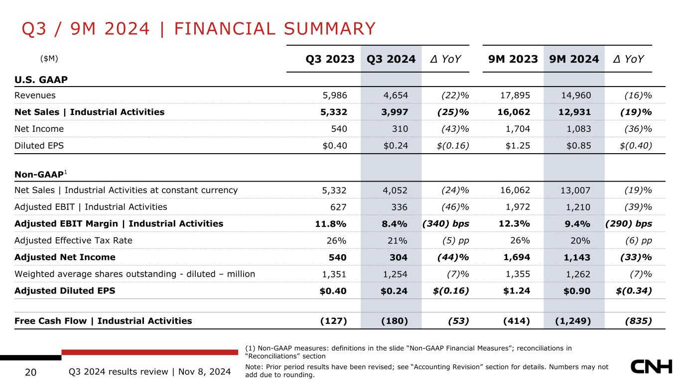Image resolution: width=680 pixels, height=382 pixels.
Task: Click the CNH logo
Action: click(652, 367)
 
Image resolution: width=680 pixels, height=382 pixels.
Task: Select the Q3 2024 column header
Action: click(391, 59)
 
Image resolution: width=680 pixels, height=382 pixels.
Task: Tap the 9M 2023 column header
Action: click(513, 59)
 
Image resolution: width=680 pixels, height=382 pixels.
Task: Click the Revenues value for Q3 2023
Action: click(335, 95)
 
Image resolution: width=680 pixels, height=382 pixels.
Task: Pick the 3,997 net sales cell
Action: click(395, 112)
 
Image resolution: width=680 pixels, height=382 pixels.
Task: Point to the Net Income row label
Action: click(39, 129)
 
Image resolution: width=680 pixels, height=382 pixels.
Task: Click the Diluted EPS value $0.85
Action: click(578, 146)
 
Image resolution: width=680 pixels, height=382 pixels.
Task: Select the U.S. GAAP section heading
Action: click(41, 80)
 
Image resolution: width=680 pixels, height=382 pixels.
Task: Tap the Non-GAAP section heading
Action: click(41, 174)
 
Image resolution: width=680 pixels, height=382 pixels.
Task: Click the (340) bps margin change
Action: click(446, 224)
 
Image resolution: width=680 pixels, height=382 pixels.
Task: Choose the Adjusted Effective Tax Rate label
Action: click(73, 240)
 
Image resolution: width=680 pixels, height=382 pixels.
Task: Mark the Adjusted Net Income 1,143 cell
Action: click(577, 257)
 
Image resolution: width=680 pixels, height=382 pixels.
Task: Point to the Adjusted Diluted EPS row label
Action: click(65, 290)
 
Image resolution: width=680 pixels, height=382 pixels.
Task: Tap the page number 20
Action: click(30, 372)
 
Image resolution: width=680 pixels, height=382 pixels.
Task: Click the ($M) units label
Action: click(49, 58)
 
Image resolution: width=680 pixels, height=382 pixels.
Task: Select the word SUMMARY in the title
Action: click(330, 29)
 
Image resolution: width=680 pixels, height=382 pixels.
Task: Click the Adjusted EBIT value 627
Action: click(338, 207)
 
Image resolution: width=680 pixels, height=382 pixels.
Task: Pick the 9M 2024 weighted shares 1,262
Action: click(578, 274)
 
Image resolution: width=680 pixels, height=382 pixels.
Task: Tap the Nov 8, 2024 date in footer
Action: click(204, 372)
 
